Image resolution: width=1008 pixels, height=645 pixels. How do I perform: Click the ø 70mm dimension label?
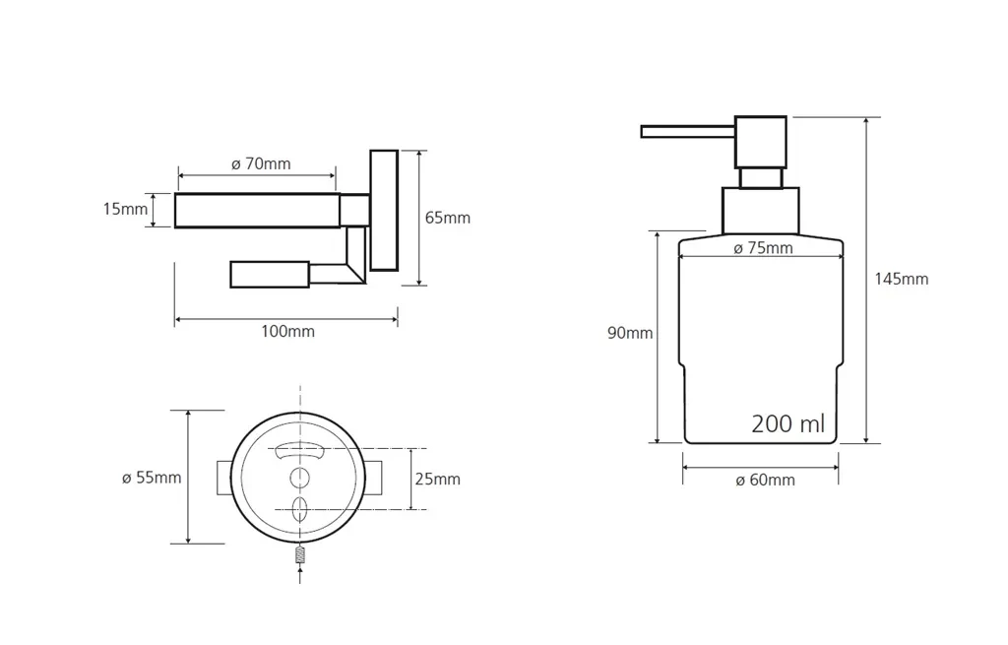click(261, 164)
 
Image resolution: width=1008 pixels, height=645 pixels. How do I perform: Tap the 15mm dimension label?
click(125, 209)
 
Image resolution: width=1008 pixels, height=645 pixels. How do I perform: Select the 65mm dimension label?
click(448, 218)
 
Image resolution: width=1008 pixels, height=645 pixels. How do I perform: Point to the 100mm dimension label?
click(288, 332)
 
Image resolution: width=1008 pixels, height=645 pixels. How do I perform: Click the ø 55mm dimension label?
click(152, 478)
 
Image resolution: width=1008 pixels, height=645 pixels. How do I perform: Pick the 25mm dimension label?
click(438, 480)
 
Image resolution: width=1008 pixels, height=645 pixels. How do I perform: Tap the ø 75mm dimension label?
click(763, 248)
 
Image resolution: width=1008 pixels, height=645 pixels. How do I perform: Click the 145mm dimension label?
click(902, 279)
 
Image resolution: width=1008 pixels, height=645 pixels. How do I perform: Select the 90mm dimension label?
click(630, 333)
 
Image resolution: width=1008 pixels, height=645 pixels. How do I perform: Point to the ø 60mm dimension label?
click(765, 481)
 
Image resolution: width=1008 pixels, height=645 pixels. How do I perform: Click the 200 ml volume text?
click(788, 423)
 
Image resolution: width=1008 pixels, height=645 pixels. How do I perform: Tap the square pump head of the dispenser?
click(761, 142)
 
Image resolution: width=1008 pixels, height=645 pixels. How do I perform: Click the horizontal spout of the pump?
click(688, 132)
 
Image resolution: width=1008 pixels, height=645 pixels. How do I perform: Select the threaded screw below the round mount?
click(300, 554)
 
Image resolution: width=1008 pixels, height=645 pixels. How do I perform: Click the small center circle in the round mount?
click(299, 478)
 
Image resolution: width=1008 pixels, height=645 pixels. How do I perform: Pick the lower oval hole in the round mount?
click(299, 509)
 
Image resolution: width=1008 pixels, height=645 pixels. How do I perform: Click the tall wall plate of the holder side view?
click(384, 211)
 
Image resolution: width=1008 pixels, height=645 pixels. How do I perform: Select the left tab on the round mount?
click(222, 478)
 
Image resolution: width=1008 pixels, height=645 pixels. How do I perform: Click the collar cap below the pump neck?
click(761, 211)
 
